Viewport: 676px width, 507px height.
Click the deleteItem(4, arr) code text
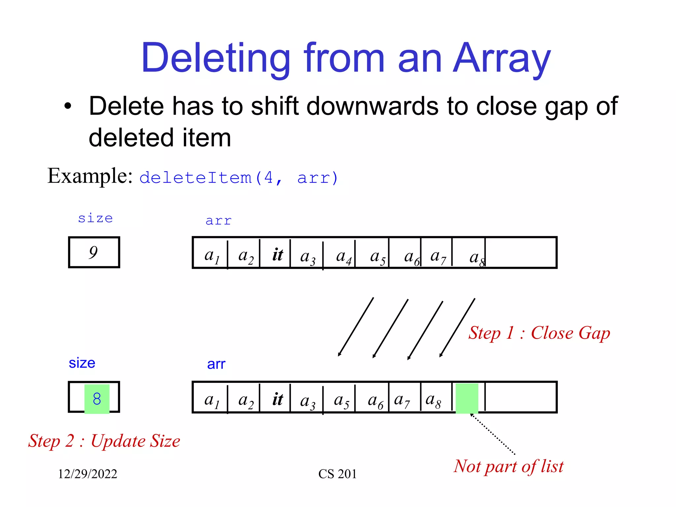click(239, 178)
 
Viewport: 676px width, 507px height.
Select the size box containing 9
click(94, 252)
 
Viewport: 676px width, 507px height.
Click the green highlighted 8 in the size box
click(97, 399)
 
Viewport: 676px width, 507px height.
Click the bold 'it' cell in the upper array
click(277, 254)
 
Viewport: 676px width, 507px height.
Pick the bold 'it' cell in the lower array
click(277, 399)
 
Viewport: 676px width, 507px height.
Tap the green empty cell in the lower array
click(467, 398)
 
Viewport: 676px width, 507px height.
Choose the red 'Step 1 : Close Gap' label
click(539, 333)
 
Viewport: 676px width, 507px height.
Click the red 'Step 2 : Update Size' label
click(104, 441)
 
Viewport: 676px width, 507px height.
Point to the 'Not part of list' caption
click(508, 466)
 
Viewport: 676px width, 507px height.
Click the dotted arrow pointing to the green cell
click(493, 434)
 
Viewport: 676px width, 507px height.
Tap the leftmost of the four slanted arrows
click(356, 327)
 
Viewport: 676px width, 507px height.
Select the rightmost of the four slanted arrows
click(457, 327)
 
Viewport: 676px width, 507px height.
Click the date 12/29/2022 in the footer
click(87, 474)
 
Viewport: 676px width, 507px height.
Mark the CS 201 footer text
click(337, 474)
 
